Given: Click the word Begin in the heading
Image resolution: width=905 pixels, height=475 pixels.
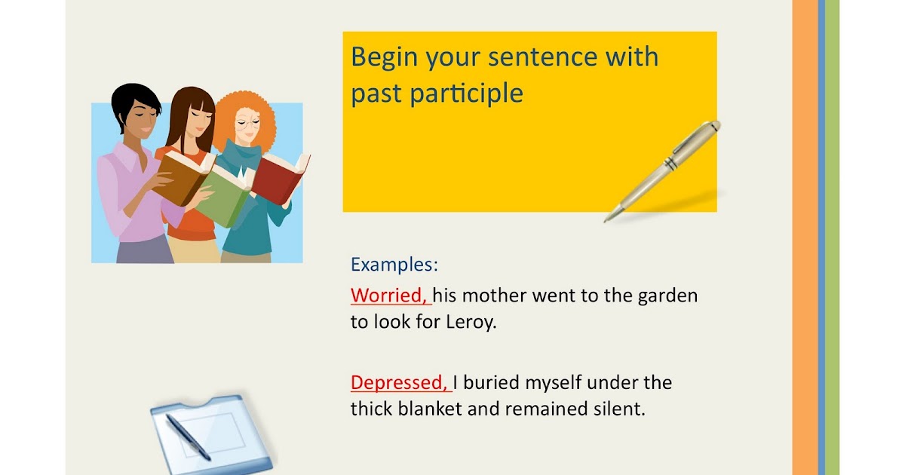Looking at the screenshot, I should tap(385, 58).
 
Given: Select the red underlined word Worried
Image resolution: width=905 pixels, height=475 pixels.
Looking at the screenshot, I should tap(390, 295).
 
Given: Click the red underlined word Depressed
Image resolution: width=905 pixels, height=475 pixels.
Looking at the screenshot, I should tap(399, 383).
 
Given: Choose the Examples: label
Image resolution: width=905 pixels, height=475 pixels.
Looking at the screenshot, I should tap(394, 265).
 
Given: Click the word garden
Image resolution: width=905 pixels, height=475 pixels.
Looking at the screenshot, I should tap(667, 296).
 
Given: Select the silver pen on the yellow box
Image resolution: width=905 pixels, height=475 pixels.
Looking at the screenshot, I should tap(664, 170).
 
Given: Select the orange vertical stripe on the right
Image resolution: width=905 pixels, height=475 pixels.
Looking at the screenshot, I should tap(805, 237).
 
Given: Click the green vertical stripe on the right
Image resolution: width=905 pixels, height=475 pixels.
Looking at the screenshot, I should tap(832, 237).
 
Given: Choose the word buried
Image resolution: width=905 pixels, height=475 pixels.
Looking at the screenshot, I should tap(495, 383).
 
